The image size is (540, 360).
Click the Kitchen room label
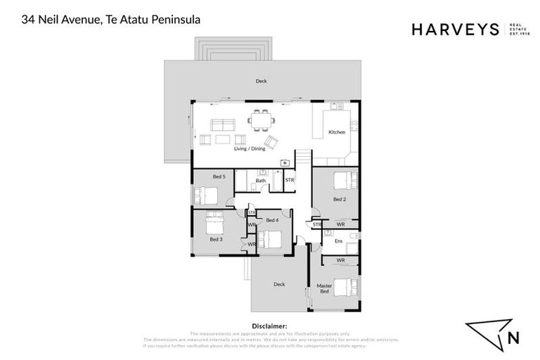(x=337, y=133)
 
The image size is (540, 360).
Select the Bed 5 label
(x=219, y=176)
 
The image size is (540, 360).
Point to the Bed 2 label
(x=339, y=199)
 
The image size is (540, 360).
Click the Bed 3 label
(x=216, y=239)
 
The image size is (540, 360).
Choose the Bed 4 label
(x=272, y=220)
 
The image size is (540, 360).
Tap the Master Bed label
(x=324, y=289)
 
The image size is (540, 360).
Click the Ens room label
(x=338, y=241)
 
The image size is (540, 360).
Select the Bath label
(x=260, y=181)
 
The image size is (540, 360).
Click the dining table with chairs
(x=262, y=120)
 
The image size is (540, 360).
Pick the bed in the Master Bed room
(x=347, y=287)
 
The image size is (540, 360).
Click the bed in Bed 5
(x=207, y=194)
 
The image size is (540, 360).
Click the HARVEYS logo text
(x=454, y=29)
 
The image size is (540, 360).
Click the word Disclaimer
(x=269, y=326)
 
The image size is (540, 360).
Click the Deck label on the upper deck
(x=262, y=82)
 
